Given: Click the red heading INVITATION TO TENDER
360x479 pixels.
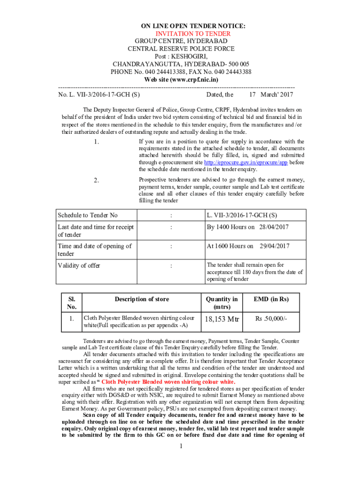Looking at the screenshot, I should [x=193, y=34].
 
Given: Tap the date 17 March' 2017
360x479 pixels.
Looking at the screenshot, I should [x=271, y=94].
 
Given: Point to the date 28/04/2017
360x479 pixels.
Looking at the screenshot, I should [x=274, y=227].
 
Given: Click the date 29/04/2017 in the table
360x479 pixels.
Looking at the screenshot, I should [x=275, y=246].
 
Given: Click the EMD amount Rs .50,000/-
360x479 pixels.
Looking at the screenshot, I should [x=271, y=319].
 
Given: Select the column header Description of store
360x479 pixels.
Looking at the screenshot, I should [x=142, y=299].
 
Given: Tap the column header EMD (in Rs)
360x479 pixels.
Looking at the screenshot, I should [x=271, y=299].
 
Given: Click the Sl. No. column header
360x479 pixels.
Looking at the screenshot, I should [x=72, y=303].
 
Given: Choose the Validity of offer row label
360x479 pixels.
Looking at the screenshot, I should [x=79, y=265].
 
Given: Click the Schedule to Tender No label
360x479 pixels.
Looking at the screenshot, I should [x=87, y=215].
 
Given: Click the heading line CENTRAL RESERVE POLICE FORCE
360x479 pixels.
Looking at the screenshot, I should [x=181, y=49].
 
